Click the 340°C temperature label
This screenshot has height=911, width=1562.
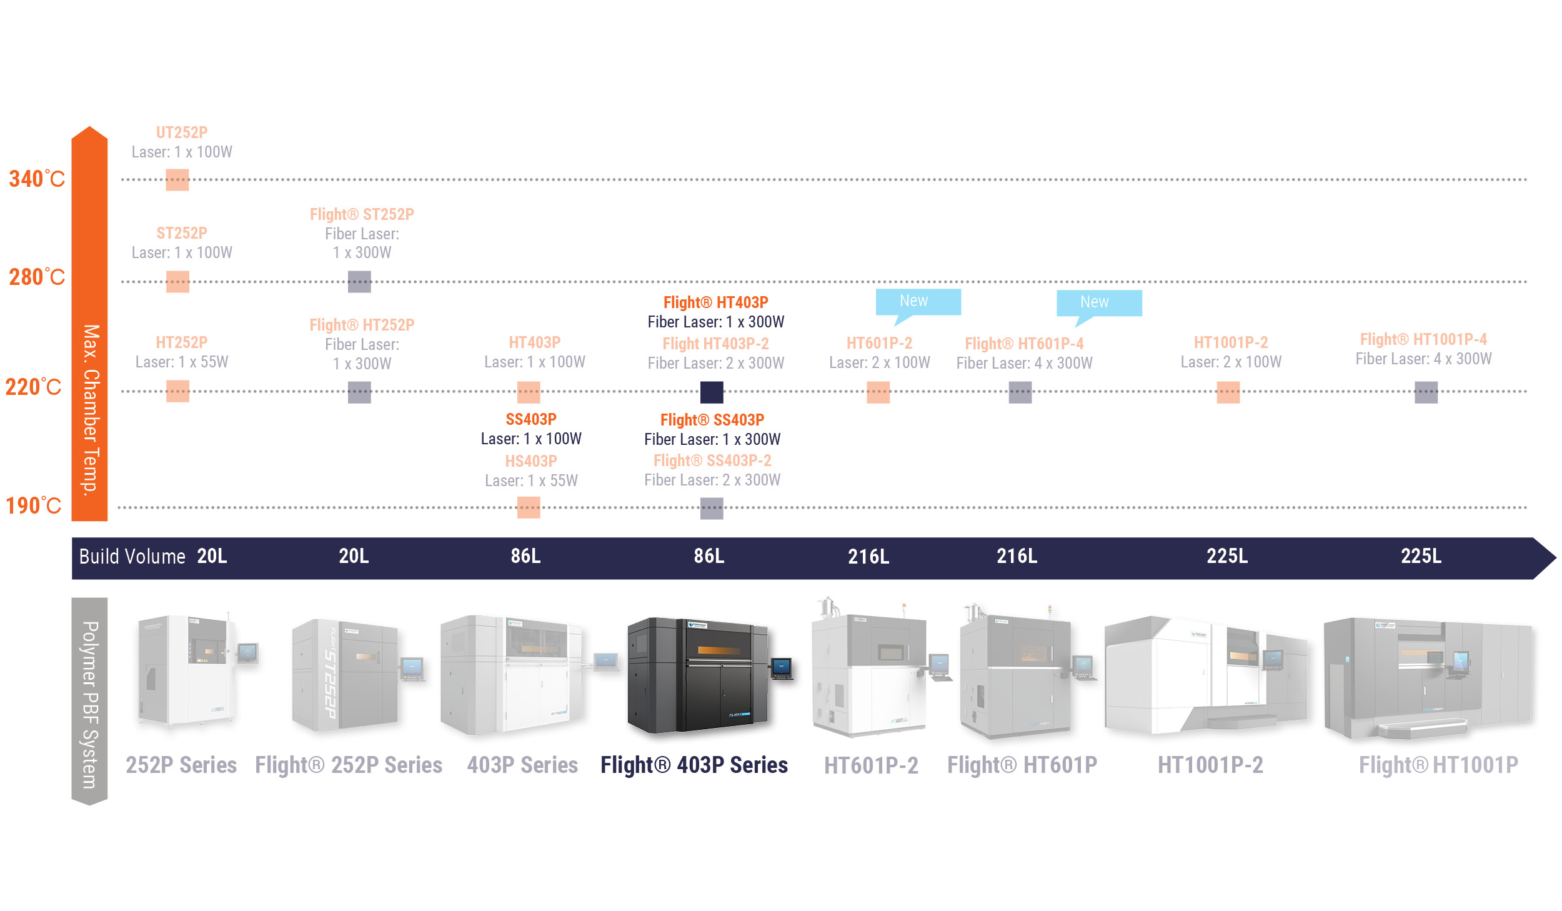point(37,179)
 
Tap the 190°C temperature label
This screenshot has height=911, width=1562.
point(34,505)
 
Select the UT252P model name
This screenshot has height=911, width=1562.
point(181,132)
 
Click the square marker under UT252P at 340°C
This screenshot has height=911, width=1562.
point(177,180)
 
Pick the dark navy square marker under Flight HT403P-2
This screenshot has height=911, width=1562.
point(712,392)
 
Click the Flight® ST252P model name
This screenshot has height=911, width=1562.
point(362,214)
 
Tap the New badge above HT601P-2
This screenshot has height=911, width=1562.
point(917,302)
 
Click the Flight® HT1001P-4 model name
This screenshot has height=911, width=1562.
point(1423,339)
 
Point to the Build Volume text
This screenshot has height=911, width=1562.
point(132,556)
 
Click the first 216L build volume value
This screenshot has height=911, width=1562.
point(868,556)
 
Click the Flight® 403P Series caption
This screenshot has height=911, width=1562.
point(694,765)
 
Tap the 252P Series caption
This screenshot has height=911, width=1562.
point(181,765)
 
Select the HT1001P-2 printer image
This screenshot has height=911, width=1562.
point(1206,675)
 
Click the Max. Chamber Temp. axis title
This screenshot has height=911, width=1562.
point(91,409)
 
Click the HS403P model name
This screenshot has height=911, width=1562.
point(531,461)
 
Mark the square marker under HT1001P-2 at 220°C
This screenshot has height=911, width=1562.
point(1228,392)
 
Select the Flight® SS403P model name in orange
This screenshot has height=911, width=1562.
point(712,420)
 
